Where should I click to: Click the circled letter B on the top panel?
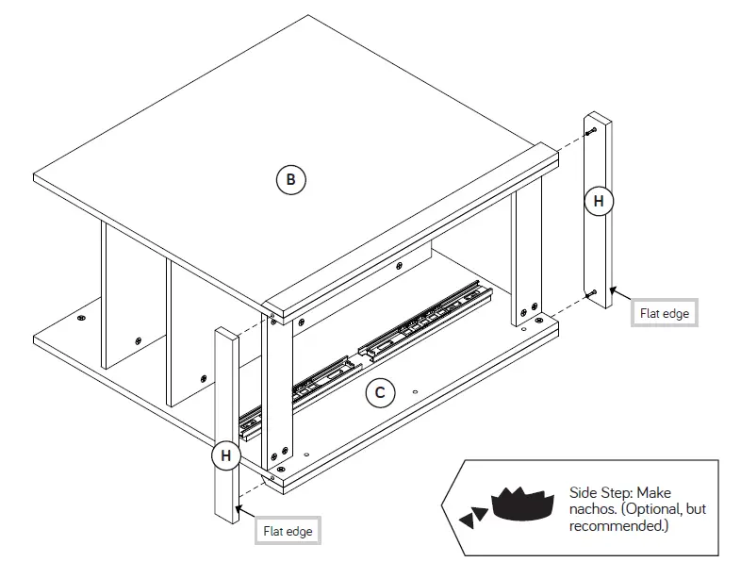tap(291, 178)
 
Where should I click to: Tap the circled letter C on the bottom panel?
tap(379, 393)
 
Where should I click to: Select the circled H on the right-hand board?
tap(598, 201)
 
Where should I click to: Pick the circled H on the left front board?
tap(225, 455)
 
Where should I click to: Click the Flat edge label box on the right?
tap(664, 313)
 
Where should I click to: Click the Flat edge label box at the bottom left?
tap(288, 531)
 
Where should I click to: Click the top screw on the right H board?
tap(589, 133)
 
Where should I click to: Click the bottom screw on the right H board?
tap(590, 294)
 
